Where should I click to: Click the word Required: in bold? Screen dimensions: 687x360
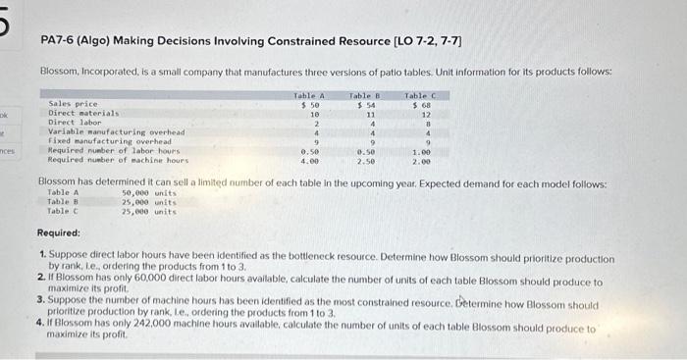click(60, 234)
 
